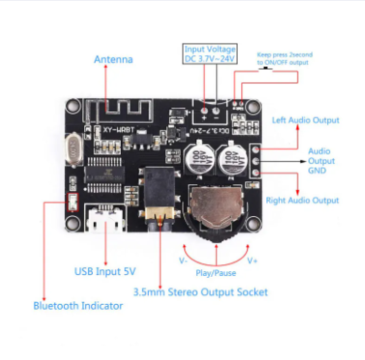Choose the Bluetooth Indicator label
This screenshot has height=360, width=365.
tap(78, 305)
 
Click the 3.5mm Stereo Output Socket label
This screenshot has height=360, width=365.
tap(201, 291)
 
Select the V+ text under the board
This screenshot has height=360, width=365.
tap(252, 261)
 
